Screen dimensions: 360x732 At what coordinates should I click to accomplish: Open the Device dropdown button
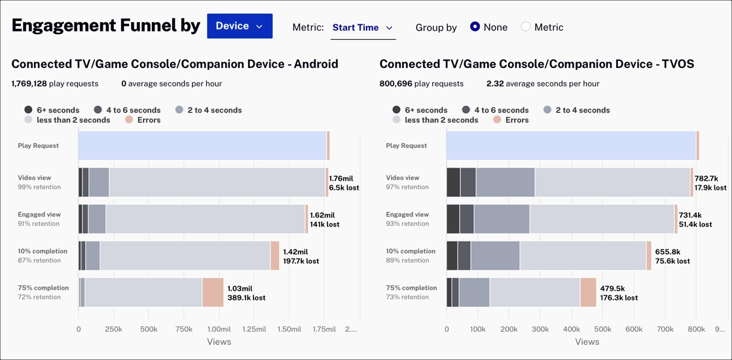pos(240,26)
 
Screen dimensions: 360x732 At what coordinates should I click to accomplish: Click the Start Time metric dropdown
pos(363,27)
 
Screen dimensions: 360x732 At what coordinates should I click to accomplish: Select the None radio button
pos(475,27)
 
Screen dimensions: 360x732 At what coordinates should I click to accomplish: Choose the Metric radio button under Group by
pos(526,27)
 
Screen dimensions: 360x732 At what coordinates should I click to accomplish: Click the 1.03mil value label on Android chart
pos(240,288)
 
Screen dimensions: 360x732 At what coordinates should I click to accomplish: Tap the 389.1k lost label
pos(246,298)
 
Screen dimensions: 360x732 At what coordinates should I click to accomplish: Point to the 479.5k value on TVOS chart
pos(612,288)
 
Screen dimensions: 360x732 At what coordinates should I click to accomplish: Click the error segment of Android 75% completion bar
pos(213,293)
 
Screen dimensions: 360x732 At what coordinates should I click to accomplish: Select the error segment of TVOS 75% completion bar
pos(588,293)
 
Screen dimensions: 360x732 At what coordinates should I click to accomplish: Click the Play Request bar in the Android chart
pos(202,145)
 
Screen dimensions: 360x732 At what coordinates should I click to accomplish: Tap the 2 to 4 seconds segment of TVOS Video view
pos(505,182)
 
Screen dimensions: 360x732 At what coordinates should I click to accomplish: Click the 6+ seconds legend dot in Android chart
pos(28,110)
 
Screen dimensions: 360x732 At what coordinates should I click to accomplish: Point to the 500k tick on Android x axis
pos(149,329)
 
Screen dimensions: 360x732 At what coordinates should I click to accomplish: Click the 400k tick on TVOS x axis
pos(572,329)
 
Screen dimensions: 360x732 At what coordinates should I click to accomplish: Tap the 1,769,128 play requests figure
pos(29,84)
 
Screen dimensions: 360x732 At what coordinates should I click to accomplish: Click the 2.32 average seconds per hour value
pos(494,84)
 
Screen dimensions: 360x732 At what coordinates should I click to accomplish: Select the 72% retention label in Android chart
pos(39,297)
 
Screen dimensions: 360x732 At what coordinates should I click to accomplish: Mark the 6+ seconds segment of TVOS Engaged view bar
pos(452,219)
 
